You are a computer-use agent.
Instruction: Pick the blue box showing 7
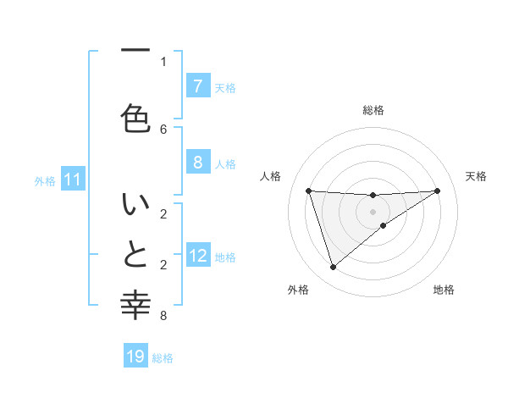pyautogui.click(x=197, y=86)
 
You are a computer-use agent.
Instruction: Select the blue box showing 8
pyautogui.click(x=197, y=162)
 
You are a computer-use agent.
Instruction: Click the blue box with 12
pyautogui.click(x=198, y=255)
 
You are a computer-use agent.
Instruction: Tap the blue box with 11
pyautogui.click(x=73, y=179)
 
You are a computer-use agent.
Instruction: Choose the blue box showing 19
pyautogui.click(x=135, y=357)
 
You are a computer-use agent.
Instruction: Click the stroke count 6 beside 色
pyautogui.click(x=163, y=129)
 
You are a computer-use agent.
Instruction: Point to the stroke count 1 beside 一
pyautogui.click(x=163, y=61)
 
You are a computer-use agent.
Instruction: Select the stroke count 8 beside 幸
pyautogui.click(x=163, y=316)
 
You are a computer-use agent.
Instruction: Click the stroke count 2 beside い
pyautogui.click(x=163, y=213)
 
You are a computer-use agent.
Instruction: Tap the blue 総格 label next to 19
pyautogui.click(x=163, y=357)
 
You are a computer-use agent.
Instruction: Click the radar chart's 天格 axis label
pyautogui.click(x=476, y=176)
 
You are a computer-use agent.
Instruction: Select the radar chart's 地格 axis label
pyautogui.click(x=444, y=290)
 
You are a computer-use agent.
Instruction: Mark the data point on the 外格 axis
pyautogui.click(x=333, y=268)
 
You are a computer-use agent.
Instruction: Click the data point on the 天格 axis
pyautogui.click(x=437, y=191)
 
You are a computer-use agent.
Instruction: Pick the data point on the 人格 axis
pyautogui.click(x=308, y=191)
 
